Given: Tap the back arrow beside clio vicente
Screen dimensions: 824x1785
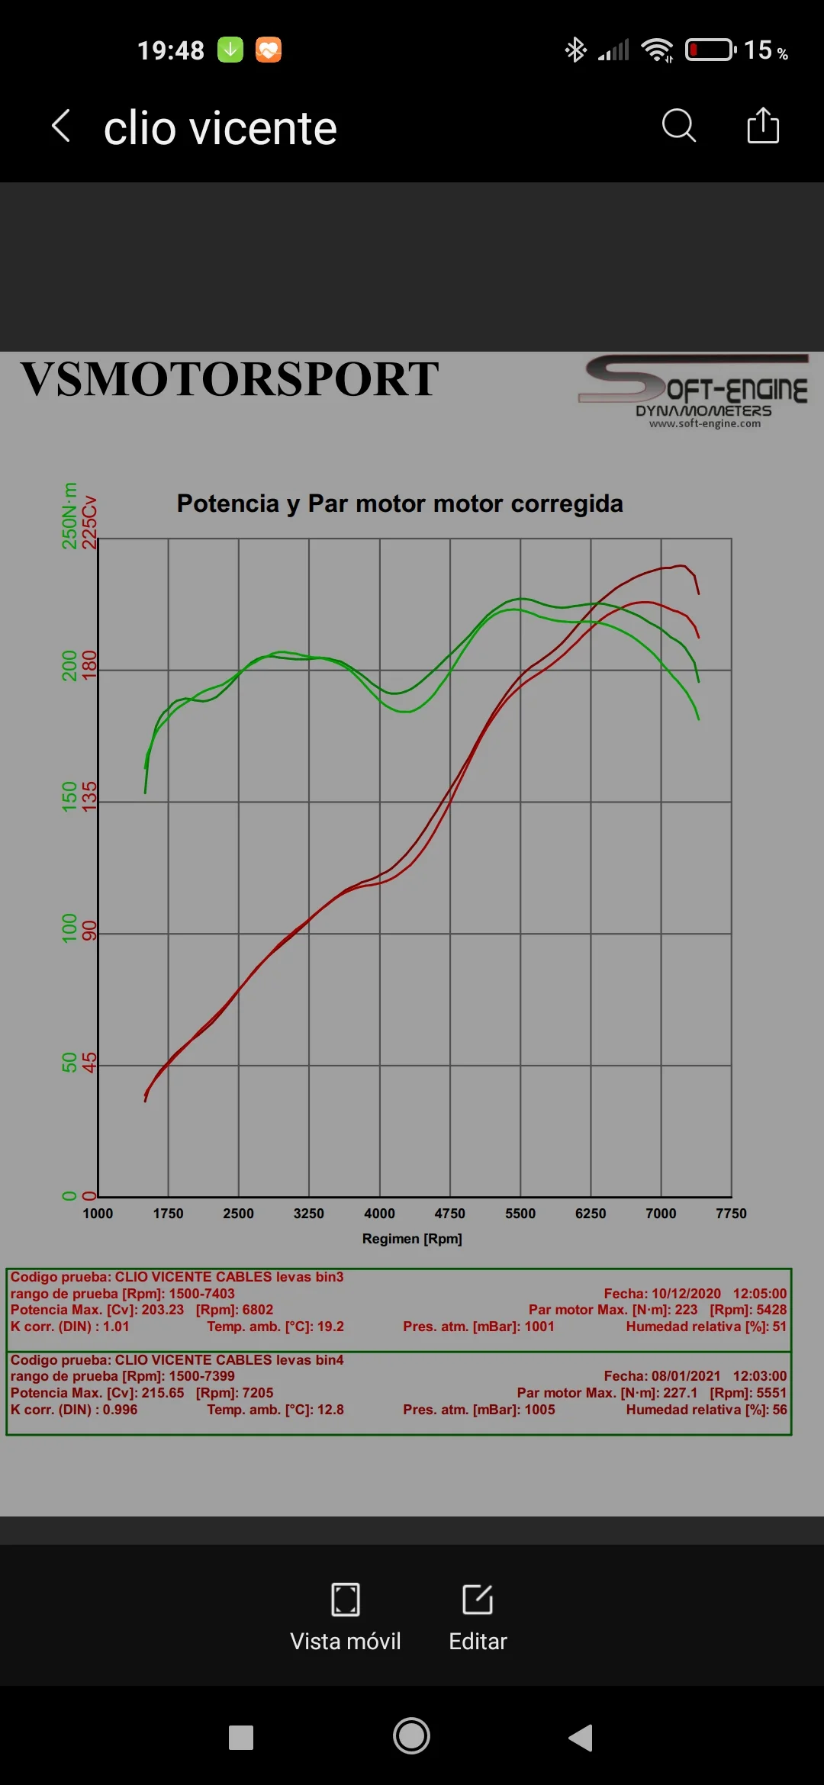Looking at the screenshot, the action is click(x=61, y=126).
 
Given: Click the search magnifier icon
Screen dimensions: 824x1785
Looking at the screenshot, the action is click(x=678, y=126).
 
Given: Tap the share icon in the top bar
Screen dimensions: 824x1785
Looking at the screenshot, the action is click(x=763, y=125).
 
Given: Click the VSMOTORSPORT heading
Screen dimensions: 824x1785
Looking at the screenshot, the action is click(x=230, y=379).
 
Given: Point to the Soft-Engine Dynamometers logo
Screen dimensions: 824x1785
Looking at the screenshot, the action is click(x=694, y=391).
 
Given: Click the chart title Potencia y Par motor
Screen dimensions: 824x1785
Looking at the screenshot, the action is click(x=400, y=503).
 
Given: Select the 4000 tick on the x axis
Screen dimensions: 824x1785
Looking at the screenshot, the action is click(x=379, y=1214).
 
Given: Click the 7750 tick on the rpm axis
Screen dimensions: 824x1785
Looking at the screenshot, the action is click(x=731, y=1214).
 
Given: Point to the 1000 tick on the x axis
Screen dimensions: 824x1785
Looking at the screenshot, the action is click(x=98, y=1214).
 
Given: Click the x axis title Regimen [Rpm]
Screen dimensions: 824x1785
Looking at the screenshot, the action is click(x=412, y=1239).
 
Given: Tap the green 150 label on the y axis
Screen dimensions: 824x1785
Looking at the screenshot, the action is click(x=69, y=796).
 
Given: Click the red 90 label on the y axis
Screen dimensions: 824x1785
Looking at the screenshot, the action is click(x=89, y=931).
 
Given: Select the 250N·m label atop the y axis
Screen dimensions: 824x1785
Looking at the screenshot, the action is click(x=69, y=516).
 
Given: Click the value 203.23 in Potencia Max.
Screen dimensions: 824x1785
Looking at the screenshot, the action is click(x=163, y=1310).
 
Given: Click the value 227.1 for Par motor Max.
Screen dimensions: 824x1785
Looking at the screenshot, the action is click(x=680, y=1393).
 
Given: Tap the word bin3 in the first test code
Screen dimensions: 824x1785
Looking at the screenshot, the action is click(x=328, y=1277).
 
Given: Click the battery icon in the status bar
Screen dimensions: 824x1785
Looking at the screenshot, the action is click(x=710, y=50).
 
